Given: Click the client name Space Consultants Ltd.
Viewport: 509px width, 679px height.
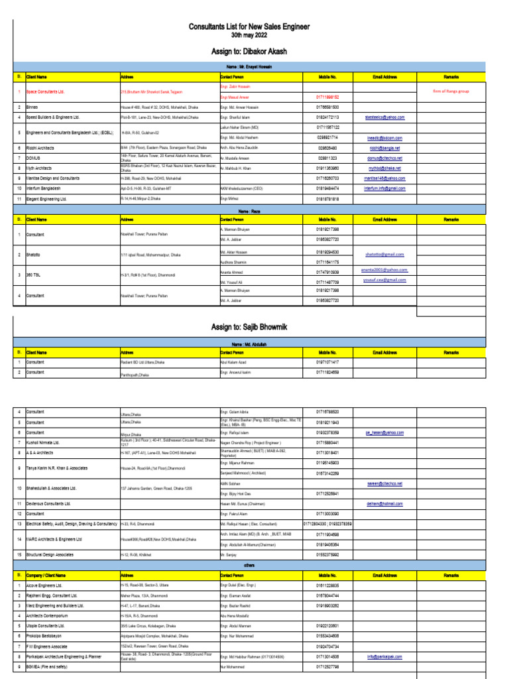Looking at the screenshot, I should tap(46, 92).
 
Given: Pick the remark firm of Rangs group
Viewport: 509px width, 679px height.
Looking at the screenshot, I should tap(451, 92).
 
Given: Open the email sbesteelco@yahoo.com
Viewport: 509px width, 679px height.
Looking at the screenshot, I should tap(384, 117).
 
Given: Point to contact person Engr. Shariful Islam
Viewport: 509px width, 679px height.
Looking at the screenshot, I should tap(239, 117).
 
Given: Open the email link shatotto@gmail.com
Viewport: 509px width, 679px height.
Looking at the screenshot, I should tap(384, 255).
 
